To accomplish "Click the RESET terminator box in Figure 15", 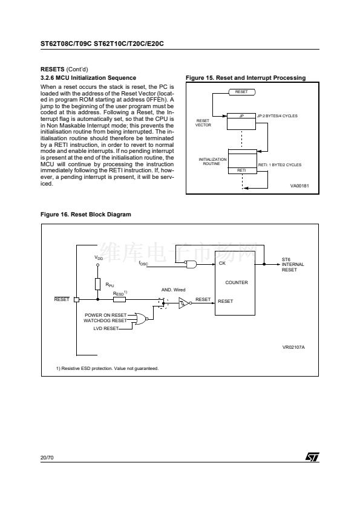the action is [x=241, y=92].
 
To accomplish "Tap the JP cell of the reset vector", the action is [x=241, y=116].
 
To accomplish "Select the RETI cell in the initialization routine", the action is [x=242, y=170].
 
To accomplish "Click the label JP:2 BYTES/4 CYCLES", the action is [x=277, y=116].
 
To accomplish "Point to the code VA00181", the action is [x=299, y=186].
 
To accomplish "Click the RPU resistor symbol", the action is [x=98, y=284].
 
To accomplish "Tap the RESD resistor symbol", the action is [x=119, y=299].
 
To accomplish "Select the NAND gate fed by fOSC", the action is [x=192, y=264].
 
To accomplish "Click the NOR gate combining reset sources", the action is [x=142, y=319].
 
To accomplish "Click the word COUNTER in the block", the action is [x=237, y=283].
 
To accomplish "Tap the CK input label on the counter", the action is [x=222, y=263].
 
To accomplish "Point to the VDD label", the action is [x=99, y=258].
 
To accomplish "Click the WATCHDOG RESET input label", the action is [x=105, y=321].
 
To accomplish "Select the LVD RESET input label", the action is [x=106, y=328].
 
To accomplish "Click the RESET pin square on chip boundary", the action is [x=76, y=300].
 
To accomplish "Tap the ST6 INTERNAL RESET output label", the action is [x=293, y=265].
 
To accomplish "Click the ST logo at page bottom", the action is [x=312, y=456].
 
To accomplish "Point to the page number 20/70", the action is [x=47, y=458].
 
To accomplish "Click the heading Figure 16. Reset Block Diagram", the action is [x=86, y=215].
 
